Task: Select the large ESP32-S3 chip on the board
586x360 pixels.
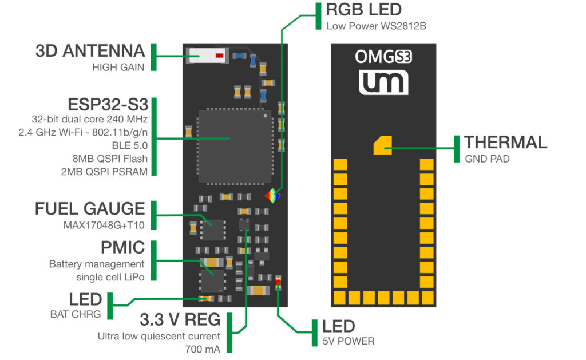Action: pyautogui.click(x=230, y=146)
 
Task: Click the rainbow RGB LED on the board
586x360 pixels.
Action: pyautogui.click(x=274, y=196)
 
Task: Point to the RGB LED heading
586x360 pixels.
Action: pyautogui.click(x=363, y=10)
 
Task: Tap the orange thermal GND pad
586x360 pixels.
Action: pyautogui.click(x=382, y=145)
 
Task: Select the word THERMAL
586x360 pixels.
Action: pyautogui.click(x=505, y=142)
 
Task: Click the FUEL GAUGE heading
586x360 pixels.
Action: pyautogui.click(x=90, y=208)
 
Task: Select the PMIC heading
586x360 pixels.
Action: pyautogui.click(x=122, y=248)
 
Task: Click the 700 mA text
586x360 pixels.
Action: pyautogui.click(x=202, y=347)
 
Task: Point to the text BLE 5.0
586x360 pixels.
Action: pyautogui.click(x=130, y=145)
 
